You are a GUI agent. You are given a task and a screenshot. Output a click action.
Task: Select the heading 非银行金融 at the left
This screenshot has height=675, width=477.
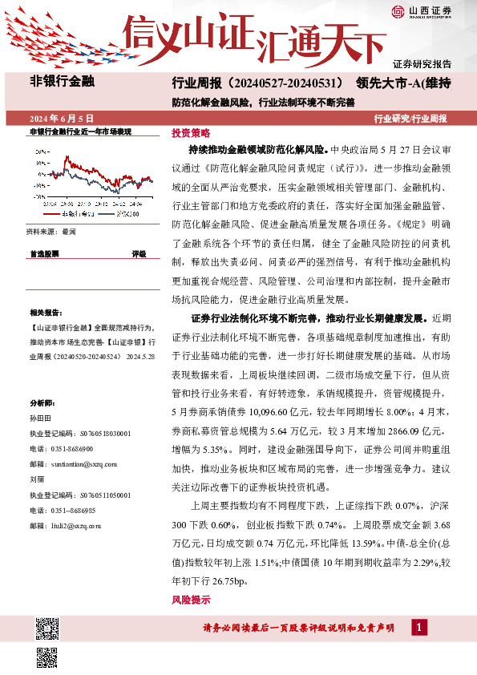tap(62, 82)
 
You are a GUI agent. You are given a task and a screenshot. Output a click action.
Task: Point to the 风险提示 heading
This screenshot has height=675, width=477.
tap(191, 600)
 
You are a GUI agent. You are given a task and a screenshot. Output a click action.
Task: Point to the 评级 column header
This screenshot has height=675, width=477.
tap(139, 253)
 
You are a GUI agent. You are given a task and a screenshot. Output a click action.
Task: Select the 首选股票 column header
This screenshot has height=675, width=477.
tap(44, 253)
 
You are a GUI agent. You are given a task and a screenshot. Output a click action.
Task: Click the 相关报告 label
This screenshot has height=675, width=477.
tap(43, 313)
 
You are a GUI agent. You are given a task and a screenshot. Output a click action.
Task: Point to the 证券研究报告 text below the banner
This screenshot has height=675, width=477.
tap(422, 63)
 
